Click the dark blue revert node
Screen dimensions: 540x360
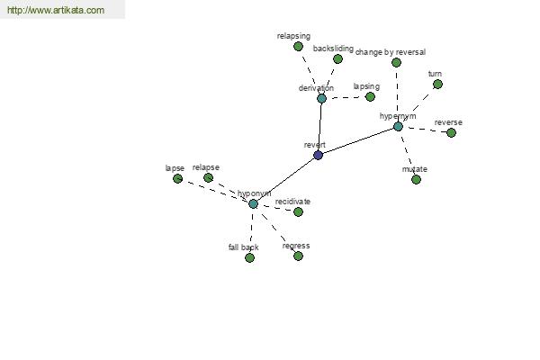pyautogui.click(x=319, y=155)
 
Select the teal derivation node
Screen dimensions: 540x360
pyautogui.click(x=321, y=98)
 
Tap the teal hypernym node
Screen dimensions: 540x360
pyautogui.click(x=398, y=126)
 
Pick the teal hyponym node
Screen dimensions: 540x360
pyautogui.click(x=253, y=204)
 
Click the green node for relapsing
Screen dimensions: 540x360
pyautogui.click(x=298, y=46)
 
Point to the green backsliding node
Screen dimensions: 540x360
pyautogui.click(x=337, y=58)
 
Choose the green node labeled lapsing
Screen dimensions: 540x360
pyautogui.click(x=370, y=97)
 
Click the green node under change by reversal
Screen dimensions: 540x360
pyautogui.click(x=396, y=62)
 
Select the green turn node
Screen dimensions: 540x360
pyautogui.click(x=437, y=84)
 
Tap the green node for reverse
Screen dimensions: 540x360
pyautogui.click(x=451, y=132)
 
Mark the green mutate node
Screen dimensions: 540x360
pyautogui.click(x=416, y=179)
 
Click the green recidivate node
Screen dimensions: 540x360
pyautogui.click(x=298, y=211)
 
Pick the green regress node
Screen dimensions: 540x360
pyautogui.click(x=298, y=256)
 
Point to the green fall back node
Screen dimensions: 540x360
pyautogui.click(x=249, y=257)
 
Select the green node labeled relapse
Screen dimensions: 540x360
pyautogui.click(x=208, y=178)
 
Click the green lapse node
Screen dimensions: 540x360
pyautogui.click(x=177, y=178)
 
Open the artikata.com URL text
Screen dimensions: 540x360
pyautogui.click(x=56, y=10)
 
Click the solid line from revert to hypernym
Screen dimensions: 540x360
pyautogui.click(x=358, y=140)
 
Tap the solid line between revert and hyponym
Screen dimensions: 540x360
pyautogui.click(x=286, y=179)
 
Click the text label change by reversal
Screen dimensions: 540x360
pyautogui.click(x=391, y=52)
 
